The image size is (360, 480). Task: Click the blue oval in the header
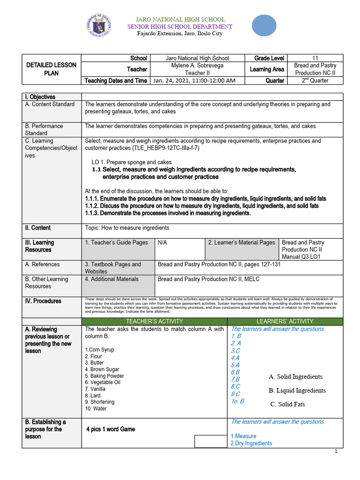tap(264, 25)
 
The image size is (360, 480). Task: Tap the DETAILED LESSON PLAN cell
tap(52, 69)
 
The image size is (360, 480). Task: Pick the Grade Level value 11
tap(315, 58)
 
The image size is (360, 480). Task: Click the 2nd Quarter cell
tap(315, 81)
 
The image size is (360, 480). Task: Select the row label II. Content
tap(38, 228)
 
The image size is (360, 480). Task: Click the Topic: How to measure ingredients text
tap(127, 228)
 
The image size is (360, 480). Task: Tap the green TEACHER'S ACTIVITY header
tap(154, 321)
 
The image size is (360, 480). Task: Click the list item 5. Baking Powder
tap(105, 376)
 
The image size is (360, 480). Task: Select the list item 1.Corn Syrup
tap(99, 350)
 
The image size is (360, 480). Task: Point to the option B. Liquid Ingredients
tap(297, 390)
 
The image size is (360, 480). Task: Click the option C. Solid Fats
tap(288, 404)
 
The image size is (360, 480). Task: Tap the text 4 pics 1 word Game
tap(111, 429)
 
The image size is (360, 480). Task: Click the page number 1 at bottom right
tap(336, 451)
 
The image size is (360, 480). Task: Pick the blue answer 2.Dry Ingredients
tap(251, 443)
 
